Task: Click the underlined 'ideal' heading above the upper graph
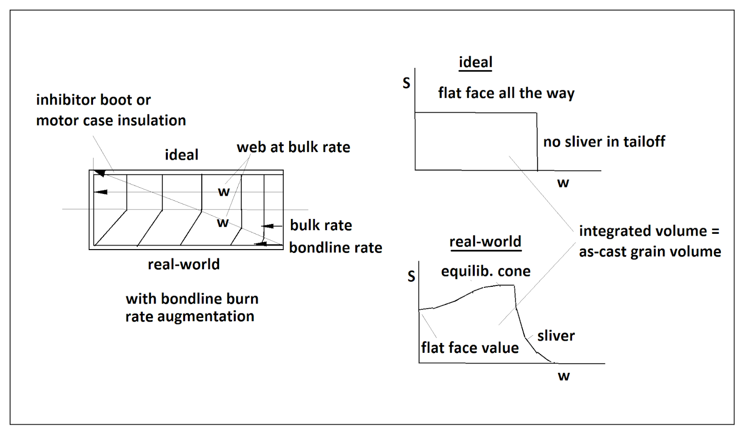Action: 475,62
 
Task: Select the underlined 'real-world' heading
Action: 485,242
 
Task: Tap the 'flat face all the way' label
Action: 506,93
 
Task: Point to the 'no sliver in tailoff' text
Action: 604,141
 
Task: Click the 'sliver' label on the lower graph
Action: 556,336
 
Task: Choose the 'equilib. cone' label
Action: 485,271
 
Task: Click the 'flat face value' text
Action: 470,348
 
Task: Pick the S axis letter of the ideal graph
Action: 406,83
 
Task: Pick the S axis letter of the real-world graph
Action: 411,277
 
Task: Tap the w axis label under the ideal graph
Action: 563,183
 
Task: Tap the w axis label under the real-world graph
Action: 564,376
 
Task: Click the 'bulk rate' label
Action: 321,225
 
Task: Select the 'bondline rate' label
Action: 335,248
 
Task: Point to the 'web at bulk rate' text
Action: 293,147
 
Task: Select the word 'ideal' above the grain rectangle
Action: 181,155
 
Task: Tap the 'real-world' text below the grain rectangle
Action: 184,264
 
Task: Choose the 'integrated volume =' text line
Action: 649,231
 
